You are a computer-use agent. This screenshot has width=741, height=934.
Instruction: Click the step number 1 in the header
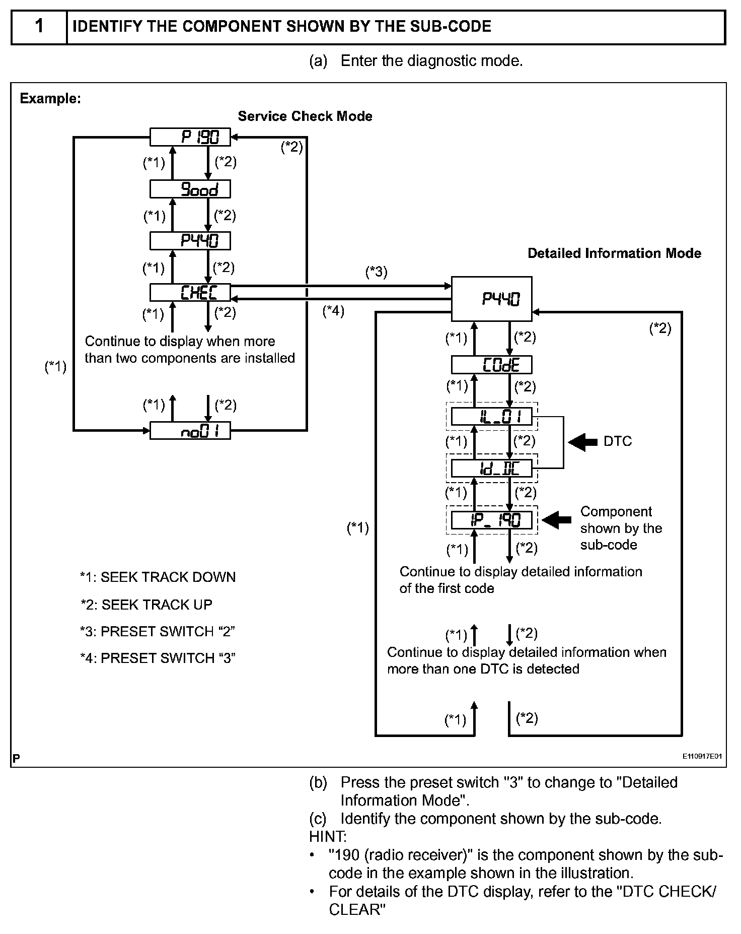pyautogui.click(x=39, y=26)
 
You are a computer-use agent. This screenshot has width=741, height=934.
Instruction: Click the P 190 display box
pyautogui.click(x=190, y=137)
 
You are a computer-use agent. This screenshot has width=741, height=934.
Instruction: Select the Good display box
pyautogui.click(x=190, y=189)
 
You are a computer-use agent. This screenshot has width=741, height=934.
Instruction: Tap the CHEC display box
pyautogui.click(x=190, y=293)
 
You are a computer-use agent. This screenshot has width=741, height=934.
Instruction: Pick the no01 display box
pyautogui.click(x=190, y=431)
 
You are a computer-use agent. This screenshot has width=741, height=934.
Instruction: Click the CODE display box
pyautogui.click(x=492, y=365)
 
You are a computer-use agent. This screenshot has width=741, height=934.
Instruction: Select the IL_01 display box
pyautogui.click(x=492, y=417)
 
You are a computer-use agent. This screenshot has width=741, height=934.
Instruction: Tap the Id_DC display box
pyautogui.click(x=492, y=469)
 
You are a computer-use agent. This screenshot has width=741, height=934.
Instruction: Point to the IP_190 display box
pyautogui.click(x=492, y=520)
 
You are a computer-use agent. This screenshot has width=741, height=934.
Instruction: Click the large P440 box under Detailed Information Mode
pyautogui.click(x=492, y=299)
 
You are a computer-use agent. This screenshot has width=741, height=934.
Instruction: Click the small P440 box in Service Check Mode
pyautogui.click(x=190, y=241)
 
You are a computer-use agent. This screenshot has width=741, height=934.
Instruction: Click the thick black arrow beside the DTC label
pyautogui.click(x=583, y=442)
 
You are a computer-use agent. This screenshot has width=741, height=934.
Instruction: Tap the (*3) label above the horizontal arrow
pyautogui.click(x=377, y=273)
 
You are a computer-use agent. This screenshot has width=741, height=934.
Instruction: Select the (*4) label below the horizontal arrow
pyautogui.click(x=334, y=311)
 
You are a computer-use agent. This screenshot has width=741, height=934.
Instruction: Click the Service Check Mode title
pyautogui.click(x=305, y=116)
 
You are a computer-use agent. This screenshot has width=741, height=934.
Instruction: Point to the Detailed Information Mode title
pyautogui.click(x=614, y=253)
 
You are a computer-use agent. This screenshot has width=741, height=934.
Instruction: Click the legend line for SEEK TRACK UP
pyautogui.click(x=146, y=605)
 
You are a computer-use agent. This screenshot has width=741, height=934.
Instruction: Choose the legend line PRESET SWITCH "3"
pyautogui.click(x=158, y=658)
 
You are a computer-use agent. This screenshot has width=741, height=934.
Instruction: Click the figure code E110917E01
pyautogui.click(x=703, y=757)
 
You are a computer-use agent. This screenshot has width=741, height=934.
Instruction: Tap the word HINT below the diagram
pyautogui.click(x=328, y=837)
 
